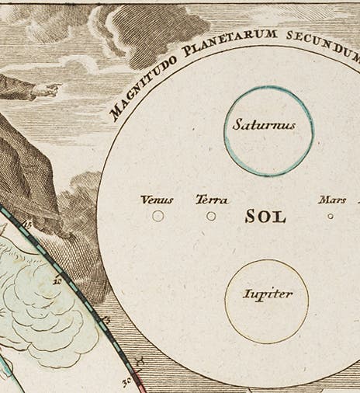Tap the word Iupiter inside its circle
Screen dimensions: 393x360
pyautogui.click(x=267, y=294)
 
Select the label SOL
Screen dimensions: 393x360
pyautogui.click(x=265, y=217)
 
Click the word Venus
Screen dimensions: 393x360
pyautogui.click(x=157, y=200)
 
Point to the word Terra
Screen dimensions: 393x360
pyautogui.click(x=212, y=200)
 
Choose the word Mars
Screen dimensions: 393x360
pyautogui.click(x=331, y=200)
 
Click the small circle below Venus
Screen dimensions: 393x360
pyautogui.click(x=158, y=216)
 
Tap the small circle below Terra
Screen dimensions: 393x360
pyautogui.click(x=211, y=216)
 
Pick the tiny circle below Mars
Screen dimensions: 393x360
pyautogui.click(x=331, y=217)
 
